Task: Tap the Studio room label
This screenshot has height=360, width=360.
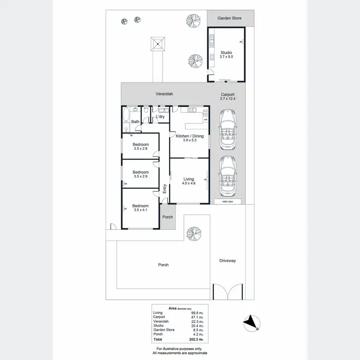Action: click(226, 54)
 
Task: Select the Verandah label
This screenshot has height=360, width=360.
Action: click(164, 94)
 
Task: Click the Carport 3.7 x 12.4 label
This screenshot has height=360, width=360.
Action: click(228, 96)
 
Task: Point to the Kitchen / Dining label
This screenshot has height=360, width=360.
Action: click(190, 138)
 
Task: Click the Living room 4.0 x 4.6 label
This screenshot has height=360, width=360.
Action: click(188, 181)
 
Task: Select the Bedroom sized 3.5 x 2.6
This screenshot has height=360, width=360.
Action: click(141, 146)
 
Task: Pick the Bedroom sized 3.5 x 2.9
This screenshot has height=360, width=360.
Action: click(141, 174)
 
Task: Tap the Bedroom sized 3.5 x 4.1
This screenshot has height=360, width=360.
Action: click(141, 208)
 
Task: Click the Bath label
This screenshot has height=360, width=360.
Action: click(135, 121)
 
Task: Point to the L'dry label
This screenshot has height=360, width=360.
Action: click(160, 117)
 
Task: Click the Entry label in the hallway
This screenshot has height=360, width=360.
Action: click(165, 188)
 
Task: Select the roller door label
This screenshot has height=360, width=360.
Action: click(228, 202)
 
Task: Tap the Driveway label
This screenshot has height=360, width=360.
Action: click(228, 261)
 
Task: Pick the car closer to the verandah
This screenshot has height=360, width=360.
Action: click(227, 130)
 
